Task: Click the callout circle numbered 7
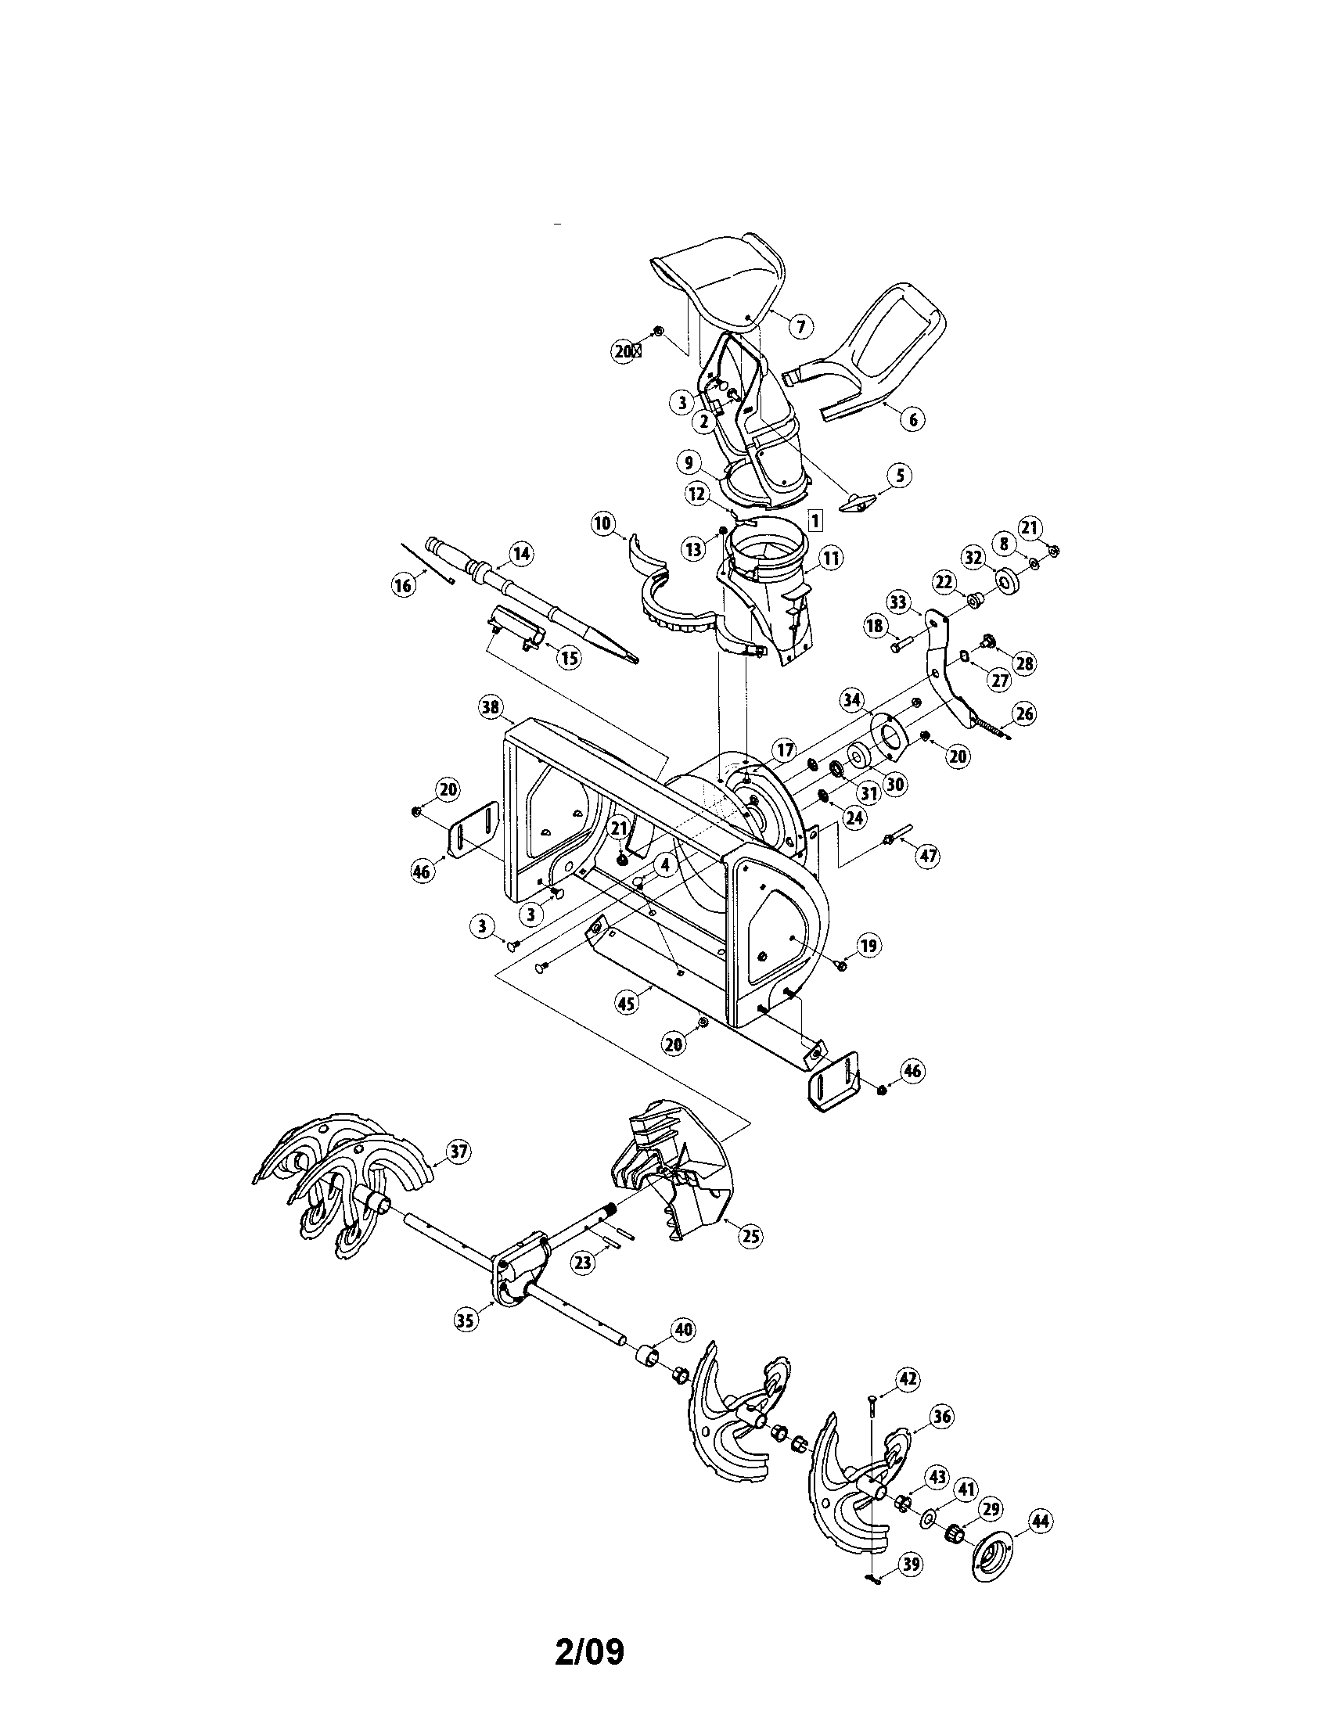coord(800,325)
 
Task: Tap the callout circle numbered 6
coord(912,419)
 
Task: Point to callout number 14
coord(520,554)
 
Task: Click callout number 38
coord(490,708)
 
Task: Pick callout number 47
coord(929,856)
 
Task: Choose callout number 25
coord(751,1236)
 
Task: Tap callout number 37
coord(458,1152)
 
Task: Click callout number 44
coord(1041,1522)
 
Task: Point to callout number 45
coord(628,1003)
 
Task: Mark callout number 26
coord(1024,714)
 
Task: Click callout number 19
coord(868,946)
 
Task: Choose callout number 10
coord(602,523)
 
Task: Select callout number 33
coord(898,601)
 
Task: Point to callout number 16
coord(403,584)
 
